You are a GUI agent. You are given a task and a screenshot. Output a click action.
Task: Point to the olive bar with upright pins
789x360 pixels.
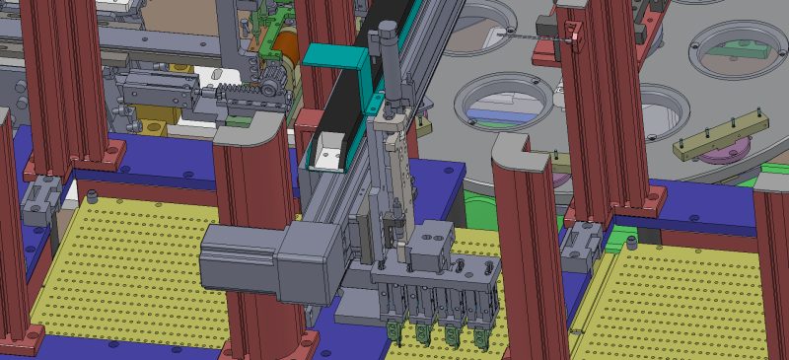point(720,137)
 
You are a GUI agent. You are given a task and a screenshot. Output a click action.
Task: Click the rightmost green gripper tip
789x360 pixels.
point(482,340)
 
